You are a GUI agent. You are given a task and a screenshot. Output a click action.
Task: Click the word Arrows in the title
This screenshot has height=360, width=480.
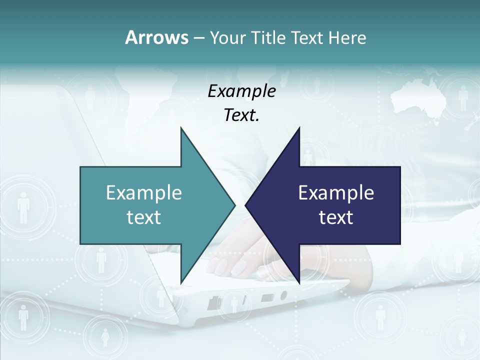156,37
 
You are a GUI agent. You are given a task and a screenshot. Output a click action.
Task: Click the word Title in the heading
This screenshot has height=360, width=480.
265,37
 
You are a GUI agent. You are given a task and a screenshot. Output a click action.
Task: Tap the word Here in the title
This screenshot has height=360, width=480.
347,37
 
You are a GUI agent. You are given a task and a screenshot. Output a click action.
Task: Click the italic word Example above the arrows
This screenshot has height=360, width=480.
241,91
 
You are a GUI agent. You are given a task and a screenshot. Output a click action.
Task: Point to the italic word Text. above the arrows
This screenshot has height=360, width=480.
241,115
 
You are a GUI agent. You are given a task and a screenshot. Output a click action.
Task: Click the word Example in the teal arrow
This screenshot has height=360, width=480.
144,193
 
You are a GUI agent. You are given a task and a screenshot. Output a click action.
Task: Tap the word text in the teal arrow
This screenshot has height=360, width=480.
144,217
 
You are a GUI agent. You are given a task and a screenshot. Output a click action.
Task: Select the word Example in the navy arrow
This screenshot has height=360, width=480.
336,193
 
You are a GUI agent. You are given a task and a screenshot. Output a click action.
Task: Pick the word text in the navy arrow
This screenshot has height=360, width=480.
336,217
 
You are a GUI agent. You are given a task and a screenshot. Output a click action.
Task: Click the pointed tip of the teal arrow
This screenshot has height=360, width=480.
234,205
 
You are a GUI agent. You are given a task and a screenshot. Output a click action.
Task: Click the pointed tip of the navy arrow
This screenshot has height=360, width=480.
246,205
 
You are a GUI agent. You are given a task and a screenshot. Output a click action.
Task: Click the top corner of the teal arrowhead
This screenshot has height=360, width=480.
181,128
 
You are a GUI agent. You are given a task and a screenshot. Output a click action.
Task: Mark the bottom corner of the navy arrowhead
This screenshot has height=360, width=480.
299,283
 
